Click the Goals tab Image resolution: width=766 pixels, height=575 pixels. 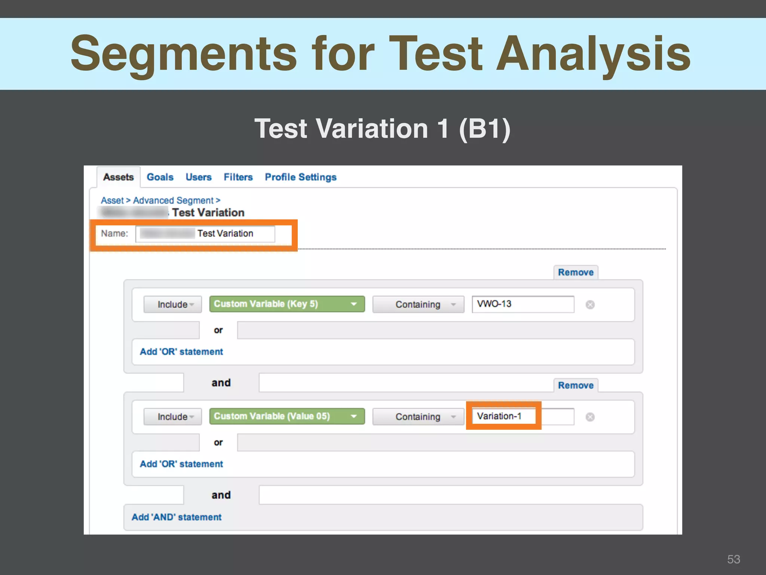pos(160,177)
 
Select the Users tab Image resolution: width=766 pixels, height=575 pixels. pos(198,177)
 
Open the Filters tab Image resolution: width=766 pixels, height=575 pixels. pos(238,177)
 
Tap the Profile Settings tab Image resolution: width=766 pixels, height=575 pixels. pos(300,177)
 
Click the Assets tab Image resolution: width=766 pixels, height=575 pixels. pos(118,177)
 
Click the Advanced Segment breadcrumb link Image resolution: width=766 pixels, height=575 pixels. pos(173,201)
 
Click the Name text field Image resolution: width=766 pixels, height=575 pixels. pos(205,234)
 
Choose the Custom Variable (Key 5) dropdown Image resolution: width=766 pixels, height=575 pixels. pos(287,304)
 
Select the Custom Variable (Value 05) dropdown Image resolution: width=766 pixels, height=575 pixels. pos(287,416)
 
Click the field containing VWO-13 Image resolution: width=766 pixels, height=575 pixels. pos(523,304)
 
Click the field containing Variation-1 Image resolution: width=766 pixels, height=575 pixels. pos(523,416)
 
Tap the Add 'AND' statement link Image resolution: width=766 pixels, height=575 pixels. pos(176,517)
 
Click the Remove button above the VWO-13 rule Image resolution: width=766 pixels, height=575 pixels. pos(575,273)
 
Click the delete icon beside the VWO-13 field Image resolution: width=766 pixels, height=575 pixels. pos(590,305)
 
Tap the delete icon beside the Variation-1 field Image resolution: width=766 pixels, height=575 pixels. pos(590,417)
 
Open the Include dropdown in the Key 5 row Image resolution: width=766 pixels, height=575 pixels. pos(172,304)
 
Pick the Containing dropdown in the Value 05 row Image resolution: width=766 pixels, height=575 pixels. pos(418,417)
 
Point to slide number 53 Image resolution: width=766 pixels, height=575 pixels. pos(733,559)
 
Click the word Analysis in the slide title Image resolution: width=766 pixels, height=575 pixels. pos(593,54)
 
